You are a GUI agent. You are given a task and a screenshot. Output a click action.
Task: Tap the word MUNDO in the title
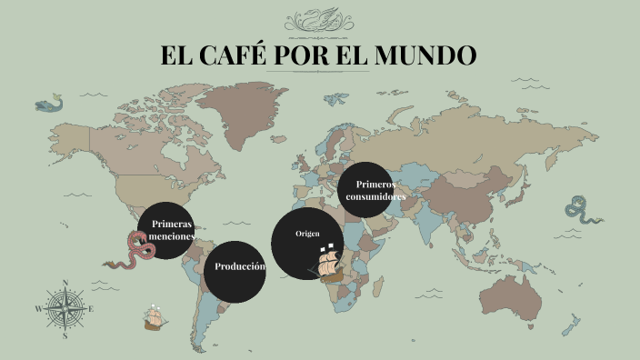tap(426, 55)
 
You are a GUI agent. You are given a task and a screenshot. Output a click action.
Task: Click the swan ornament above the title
tap(319, 19)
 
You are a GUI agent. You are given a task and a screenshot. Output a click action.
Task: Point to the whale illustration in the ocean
tap(51, 104)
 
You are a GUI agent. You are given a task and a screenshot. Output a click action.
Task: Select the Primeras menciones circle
tap(171, 230)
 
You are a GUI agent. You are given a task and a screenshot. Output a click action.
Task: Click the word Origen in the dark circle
tap(306, 235)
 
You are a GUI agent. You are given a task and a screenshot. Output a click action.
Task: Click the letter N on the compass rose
tap(65, 283)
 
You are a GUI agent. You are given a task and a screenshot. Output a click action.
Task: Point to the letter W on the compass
tap(38, 309)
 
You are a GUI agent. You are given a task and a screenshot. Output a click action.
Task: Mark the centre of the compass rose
tap(65, 309)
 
